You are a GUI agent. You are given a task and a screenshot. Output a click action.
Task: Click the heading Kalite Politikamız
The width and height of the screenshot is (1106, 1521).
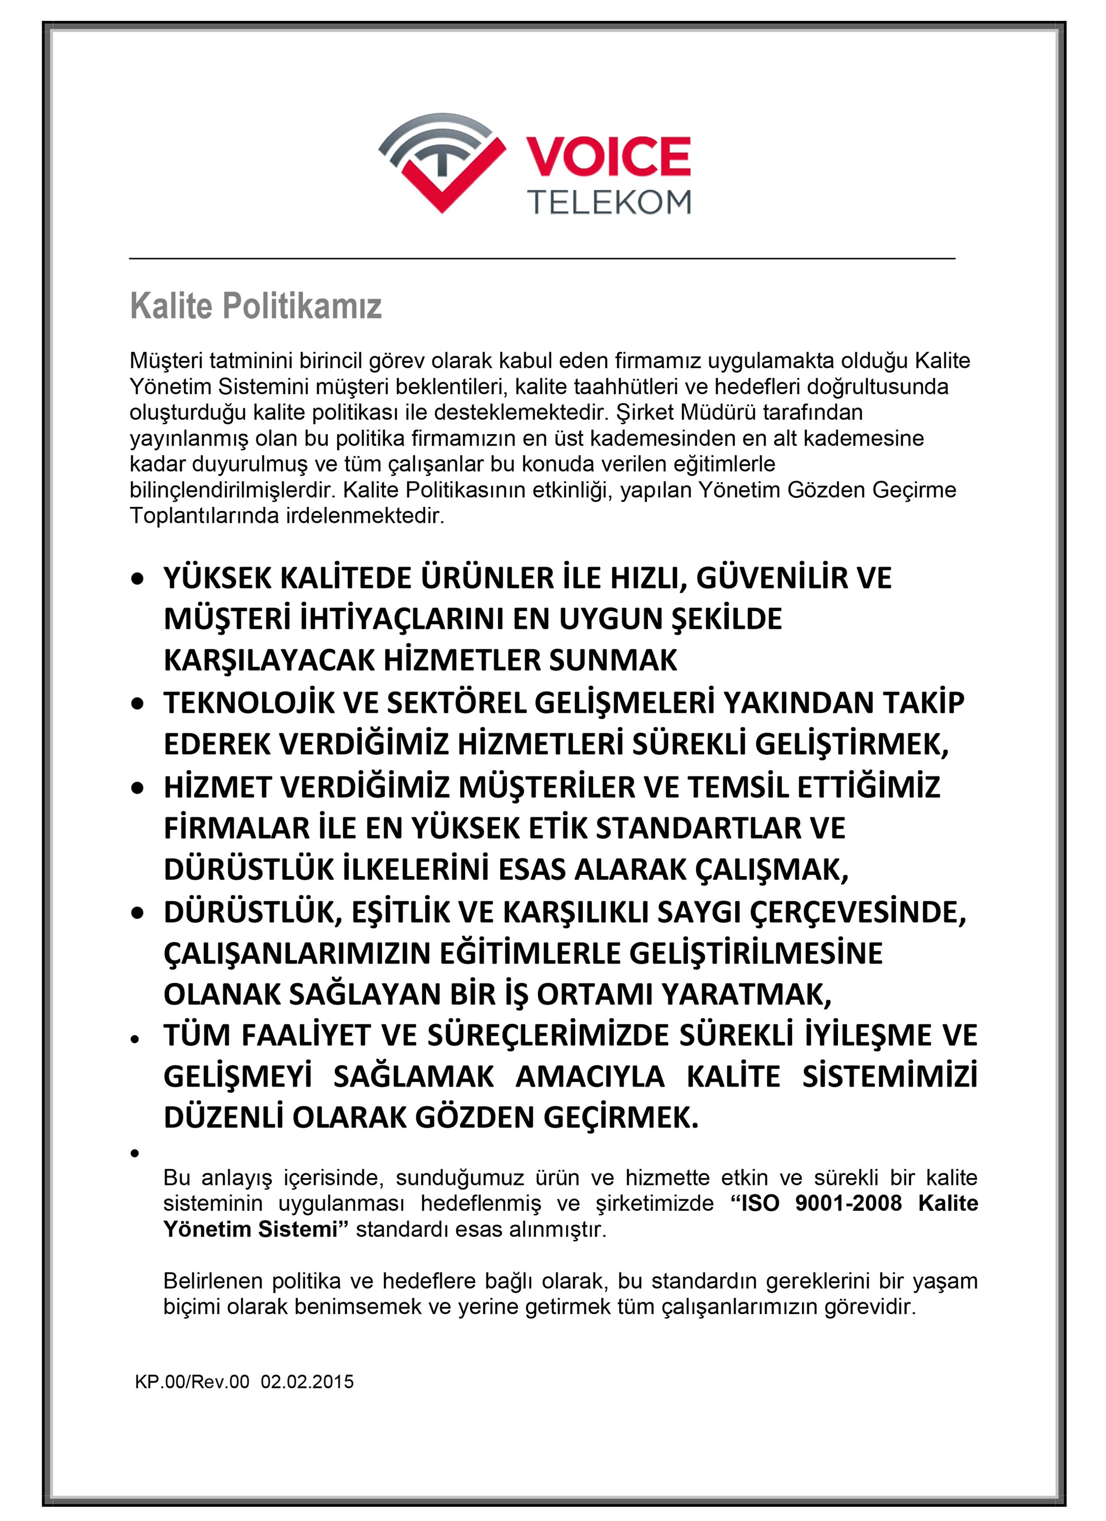click(x=255, y=307)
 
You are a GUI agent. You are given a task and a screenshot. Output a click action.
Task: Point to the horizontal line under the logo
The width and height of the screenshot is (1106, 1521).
click(x=542, y=258)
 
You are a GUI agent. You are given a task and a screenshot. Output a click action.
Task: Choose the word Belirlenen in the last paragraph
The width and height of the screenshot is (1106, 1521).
click(x=214, y=1282)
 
